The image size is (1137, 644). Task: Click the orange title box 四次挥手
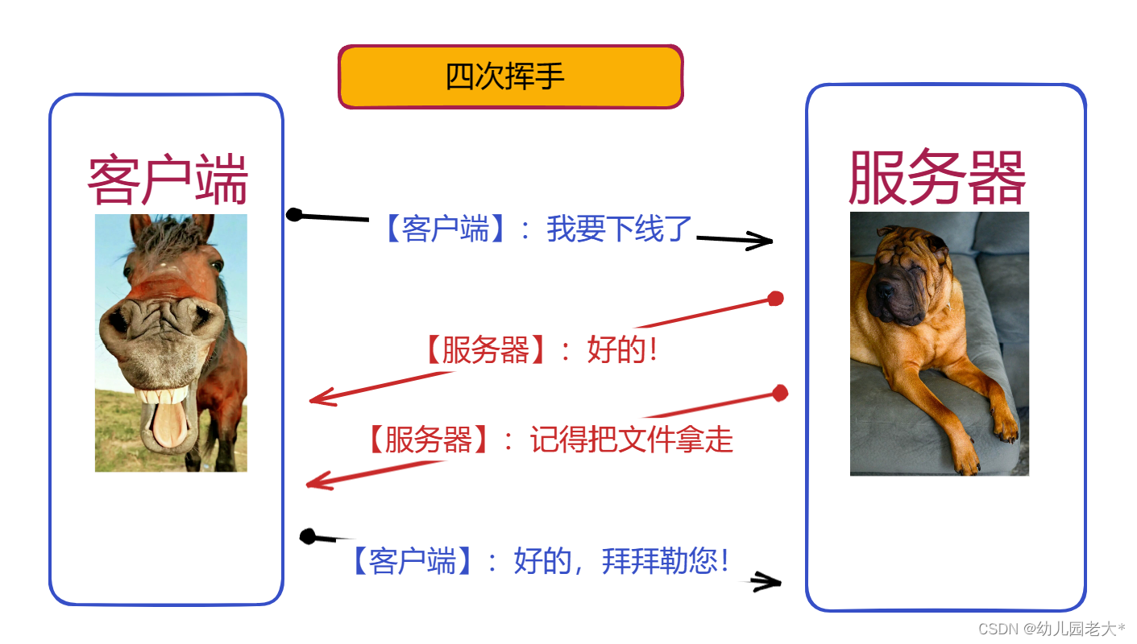(x=511, y=76)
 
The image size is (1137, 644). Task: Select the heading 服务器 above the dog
(x=937, y=177)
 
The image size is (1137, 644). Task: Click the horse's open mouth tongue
(x=170, y=423)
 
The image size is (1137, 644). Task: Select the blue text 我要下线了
(x=619, y=229)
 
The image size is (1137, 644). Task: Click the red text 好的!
(x=622, y=349)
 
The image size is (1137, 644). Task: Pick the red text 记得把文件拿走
(x=632, y=440)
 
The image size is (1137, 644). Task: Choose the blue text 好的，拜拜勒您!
(x=621, y=561)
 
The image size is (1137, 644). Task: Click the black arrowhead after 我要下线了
(x=760, y=241)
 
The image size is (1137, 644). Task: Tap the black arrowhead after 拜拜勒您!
(x=766, y=582)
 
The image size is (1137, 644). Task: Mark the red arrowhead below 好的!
(x=323, y=397)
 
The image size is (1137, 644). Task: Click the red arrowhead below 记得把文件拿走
(x=320, y=481)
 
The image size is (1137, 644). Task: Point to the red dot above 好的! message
(x=776, y=299)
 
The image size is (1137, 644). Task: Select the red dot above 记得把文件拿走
(x=780, y=393)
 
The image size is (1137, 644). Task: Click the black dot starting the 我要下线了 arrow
(x=294, y=214)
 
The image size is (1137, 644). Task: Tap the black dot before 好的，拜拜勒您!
(x=308, y=536)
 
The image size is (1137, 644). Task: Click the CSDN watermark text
(x=1052, y=629)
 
